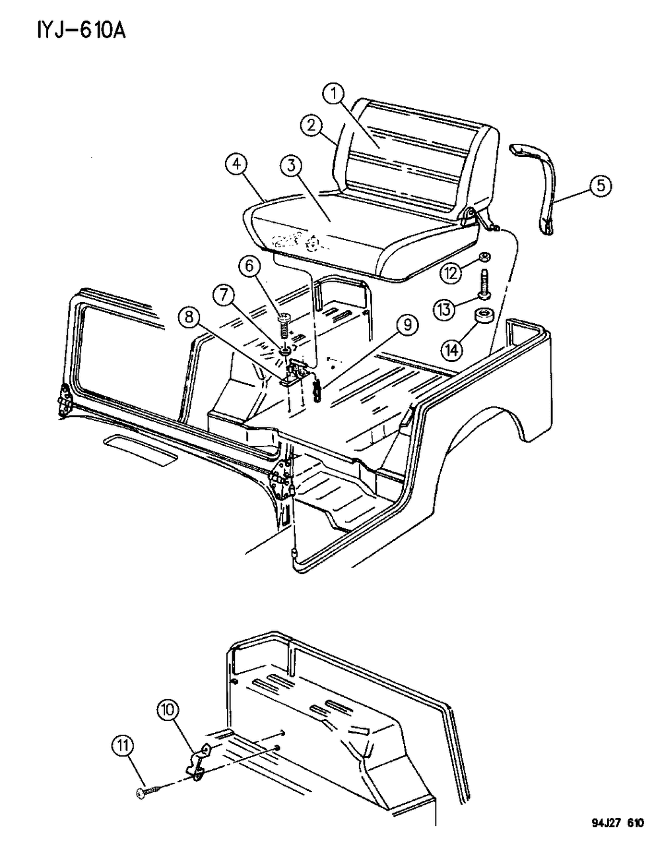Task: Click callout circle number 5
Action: click(599, 187)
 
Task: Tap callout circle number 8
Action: click(189, 317)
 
